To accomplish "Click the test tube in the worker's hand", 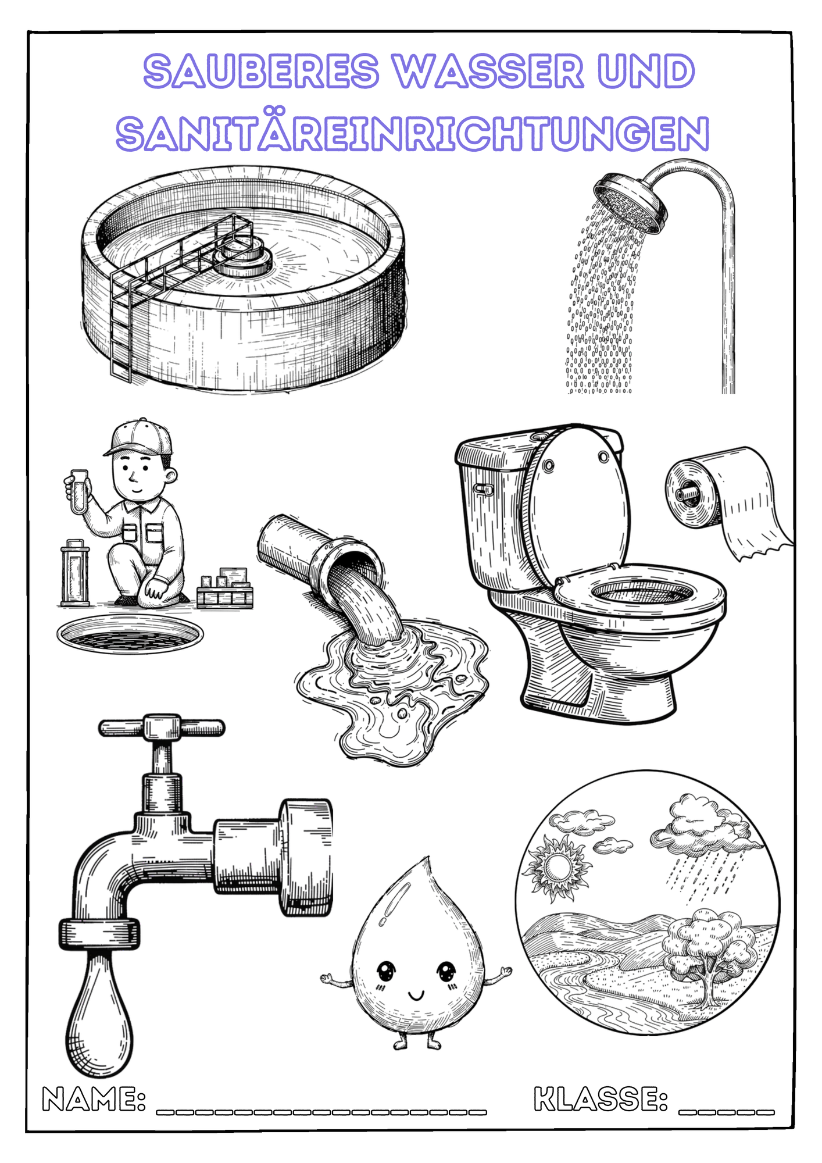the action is [x=78, y=491].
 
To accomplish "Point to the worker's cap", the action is [x=138, y=437].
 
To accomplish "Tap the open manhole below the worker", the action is [x=130, y=634].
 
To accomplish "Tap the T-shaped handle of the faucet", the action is [x=161, y=727].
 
